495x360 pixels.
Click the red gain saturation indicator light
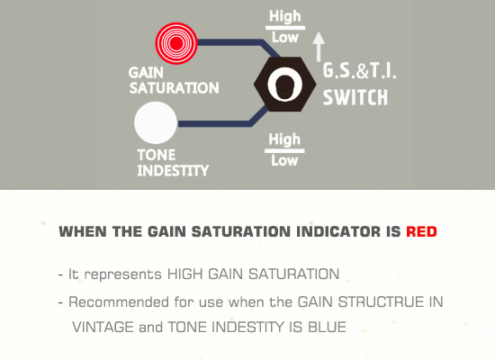pos(176,43)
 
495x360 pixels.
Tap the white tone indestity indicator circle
pos(156,122)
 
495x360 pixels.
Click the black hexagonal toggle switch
pos(284,84)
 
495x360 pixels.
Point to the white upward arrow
pos(319,47)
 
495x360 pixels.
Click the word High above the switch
pos(284,16)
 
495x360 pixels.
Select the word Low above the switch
pos(285,38)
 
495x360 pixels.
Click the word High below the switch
pos(284,139)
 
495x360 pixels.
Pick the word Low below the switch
pos(284,160)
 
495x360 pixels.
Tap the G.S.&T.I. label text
pos(359,71)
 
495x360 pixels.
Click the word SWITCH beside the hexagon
pos(355,97)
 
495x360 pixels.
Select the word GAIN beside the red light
pos(146,73)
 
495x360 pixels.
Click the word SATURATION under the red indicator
pos(174,88)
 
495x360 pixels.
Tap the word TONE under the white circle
pos(157,155)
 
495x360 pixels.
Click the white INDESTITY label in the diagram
pos(173,170)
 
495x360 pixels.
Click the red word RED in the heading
pos(421,231)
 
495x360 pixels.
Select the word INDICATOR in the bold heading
pos(338,231)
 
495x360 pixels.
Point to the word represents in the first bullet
pos(123,274)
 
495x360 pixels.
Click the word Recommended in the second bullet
pos(119,301)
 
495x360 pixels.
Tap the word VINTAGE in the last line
pos(103,327)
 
